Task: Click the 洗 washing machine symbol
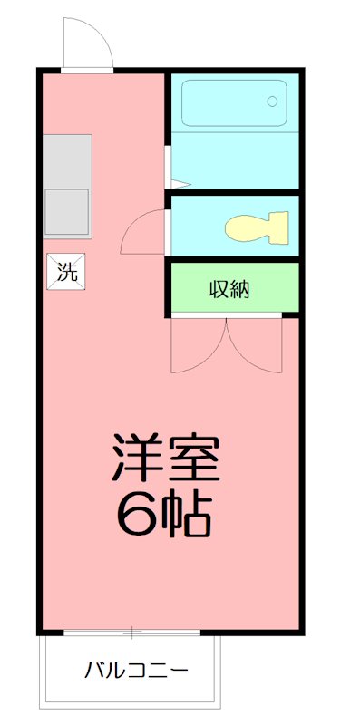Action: [x=68, y=271]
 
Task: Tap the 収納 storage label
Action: [x=229, y=290]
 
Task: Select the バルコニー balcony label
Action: [x=136, y=672]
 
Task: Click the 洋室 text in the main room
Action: [x=166, y=459]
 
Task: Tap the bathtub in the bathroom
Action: [x=233, y=103]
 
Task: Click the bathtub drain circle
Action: [x=271, y=102]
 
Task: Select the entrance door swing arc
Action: [x=86, y=43]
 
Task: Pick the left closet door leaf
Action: [x=198, y=349]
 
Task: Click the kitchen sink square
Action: [x=67, y=212]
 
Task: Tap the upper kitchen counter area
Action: [x=67, y=160]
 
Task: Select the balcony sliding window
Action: [x=131, y=631]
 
